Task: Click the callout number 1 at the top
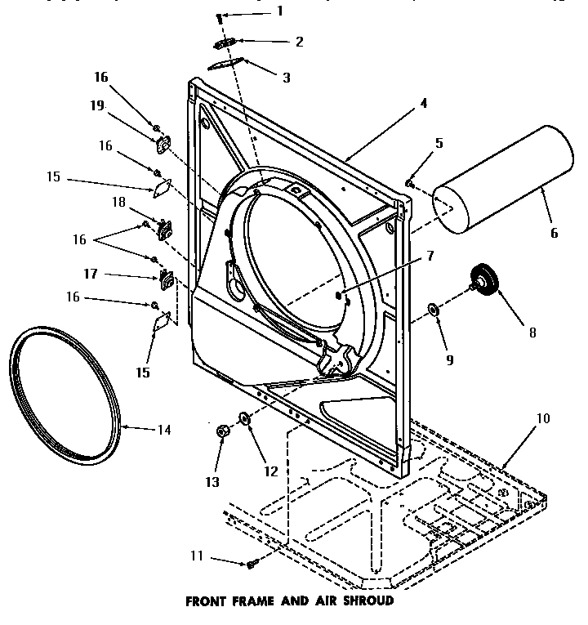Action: pos(280,11)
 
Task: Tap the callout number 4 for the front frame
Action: pos(424,103)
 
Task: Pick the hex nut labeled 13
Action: pos(221,431)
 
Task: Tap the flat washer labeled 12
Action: pos(243,418)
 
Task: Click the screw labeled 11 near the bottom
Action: pos(252,564)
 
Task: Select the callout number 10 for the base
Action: pos(542,418)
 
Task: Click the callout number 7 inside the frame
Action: pos(430,256)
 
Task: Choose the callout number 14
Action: pos(164,428)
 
